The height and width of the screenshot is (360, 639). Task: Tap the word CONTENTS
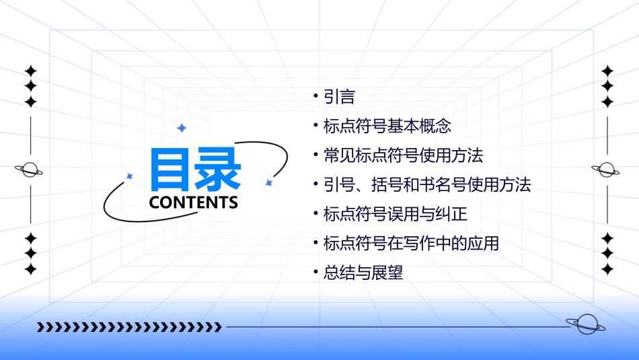pyautogui.click(x=194, y=202)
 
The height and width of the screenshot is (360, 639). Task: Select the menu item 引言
pyautogui.click(x=339, y=97)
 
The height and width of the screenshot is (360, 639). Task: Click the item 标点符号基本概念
pyautogui.click(x=387, y=126)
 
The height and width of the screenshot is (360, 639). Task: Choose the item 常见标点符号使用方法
pyautogui.click(x=403, y=155)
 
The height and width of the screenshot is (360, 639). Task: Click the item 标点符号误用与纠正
pyautogui.click(x=395, y=214)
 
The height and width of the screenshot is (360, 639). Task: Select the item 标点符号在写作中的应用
pyautogui.click(x=411, y=243)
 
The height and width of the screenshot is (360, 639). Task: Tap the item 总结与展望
pyautogui.click(x=363, y=273)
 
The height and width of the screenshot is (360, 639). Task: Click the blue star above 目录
pyautogui.click(x=181, y=128)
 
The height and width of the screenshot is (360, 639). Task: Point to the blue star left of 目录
pyautogui.click(x=130, y=176)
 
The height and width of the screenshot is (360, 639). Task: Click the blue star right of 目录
pyautogui.click(x=268, y=182)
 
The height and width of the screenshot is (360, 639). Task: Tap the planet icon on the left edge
pyautogui.click(x=30, y=170)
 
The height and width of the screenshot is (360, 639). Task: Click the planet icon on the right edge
pyautogui.click(x=607, y=170)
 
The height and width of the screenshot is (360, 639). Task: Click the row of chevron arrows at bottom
pyautogui.click(x=128, y=327)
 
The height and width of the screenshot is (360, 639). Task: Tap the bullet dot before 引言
pyautogui.click(x=315, y=97)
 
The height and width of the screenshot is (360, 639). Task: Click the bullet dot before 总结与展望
pyautogui.click(x=315, y=273)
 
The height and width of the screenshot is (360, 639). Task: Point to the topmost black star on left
pyautogui.click(x=30, y=71)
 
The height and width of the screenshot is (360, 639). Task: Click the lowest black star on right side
pyautogui.click(x=607, y=269)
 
